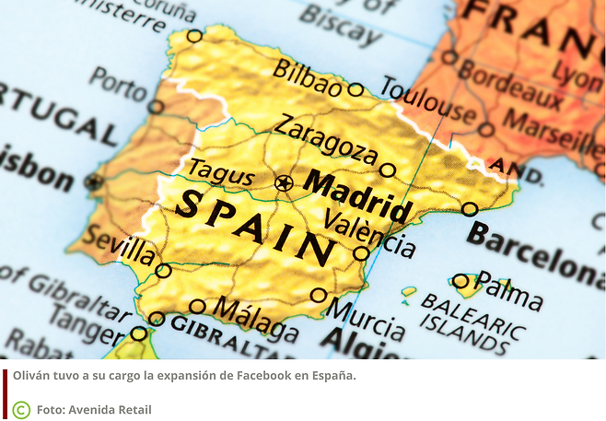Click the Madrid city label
357,194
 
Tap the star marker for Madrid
284,182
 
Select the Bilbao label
308,78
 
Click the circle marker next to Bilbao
355,89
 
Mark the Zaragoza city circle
388,170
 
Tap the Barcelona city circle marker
470,209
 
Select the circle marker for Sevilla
163,271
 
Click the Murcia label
367,319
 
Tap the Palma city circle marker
460,280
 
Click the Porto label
118,85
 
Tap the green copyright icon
21,409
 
